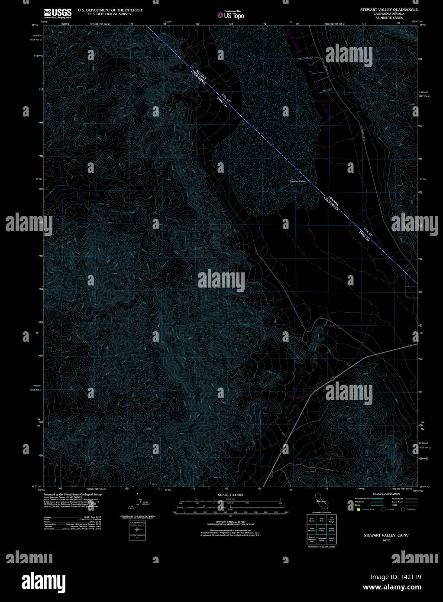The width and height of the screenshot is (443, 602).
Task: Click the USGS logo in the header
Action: click(58, 13)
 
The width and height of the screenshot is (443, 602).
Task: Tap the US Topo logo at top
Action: click(230, 15)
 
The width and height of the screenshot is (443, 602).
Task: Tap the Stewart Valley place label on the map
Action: click(297, 181)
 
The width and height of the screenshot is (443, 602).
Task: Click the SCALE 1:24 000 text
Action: click(230, 495)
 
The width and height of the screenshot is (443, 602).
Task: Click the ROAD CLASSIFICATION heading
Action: click(386, 494)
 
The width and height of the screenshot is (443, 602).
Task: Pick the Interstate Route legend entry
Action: click(362, 499)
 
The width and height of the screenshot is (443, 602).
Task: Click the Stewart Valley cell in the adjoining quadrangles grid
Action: click(321, 529)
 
